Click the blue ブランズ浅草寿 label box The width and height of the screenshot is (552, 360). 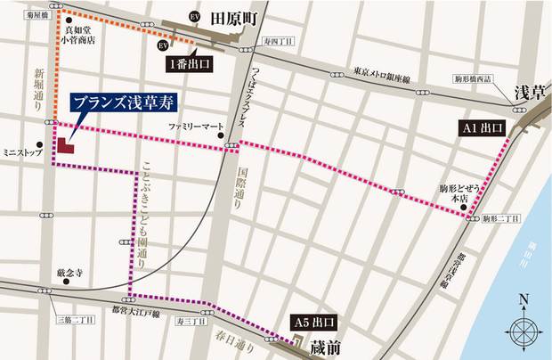(x=117, y=102)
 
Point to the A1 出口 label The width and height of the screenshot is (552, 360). (x=483, y=128)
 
